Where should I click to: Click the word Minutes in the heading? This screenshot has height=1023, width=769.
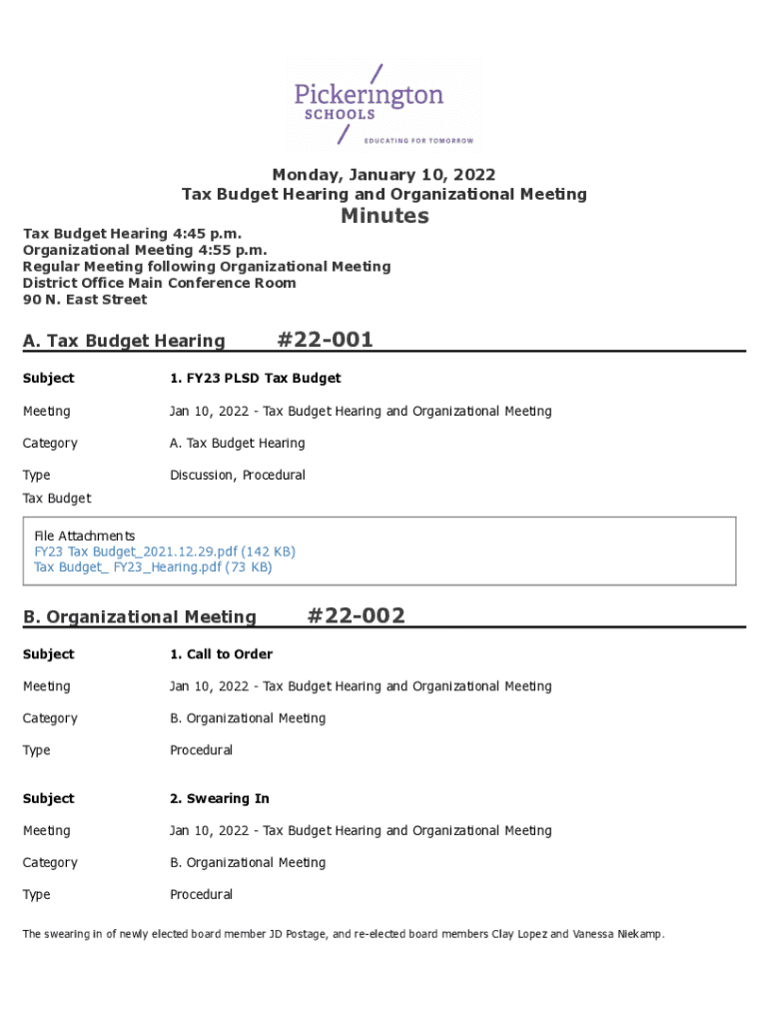coord(384,216)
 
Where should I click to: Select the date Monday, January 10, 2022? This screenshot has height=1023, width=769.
coord(384,175)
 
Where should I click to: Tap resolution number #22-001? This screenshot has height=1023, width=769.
coord(325,340)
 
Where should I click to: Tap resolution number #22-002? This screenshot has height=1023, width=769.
coord(357,615)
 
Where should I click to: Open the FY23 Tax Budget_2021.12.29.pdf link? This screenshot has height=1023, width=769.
coord(165,551)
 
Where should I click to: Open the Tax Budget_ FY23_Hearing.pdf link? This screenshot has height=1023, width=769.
coord(153,567)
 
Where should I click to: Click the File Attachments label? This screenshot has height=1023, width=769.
coord(85,535)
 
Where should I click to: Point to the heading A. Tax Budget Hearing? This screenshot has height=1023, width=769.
coord(124,342)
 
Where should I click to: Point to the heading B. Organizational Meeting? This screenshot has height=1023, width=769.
coord(139,617)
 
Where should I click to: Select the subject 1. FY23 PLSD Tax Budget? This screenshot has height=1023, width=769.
coord(255,379)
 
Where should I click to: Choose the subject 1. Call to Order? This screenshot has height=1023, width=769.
coord(221,654)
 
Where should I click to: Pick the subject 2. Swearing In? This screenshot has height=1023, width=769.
coord(220,798)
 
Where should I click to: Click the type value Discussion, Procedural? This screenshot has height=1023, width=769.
coord(238,475)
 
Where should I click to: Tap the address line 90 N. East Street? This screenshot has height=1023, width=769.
coord(85,300)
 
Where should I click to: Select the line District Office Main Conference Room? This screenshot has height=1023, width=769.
coord(160,283)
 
